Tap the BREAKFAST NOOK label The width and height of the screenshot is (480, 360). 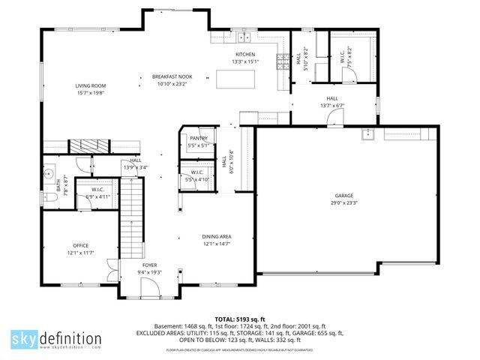coord(172,76)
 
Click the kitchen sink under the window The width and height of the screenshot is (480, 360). coord(244,37)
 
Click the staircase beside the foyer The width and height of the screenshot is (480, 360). coord(133,217)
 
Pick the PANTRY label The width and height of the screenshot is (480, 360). coord(198,139)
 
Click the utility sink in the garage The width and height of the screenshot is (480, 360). coord(367,135)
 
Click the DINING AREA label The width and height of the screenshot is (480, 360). coord(216,237)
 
